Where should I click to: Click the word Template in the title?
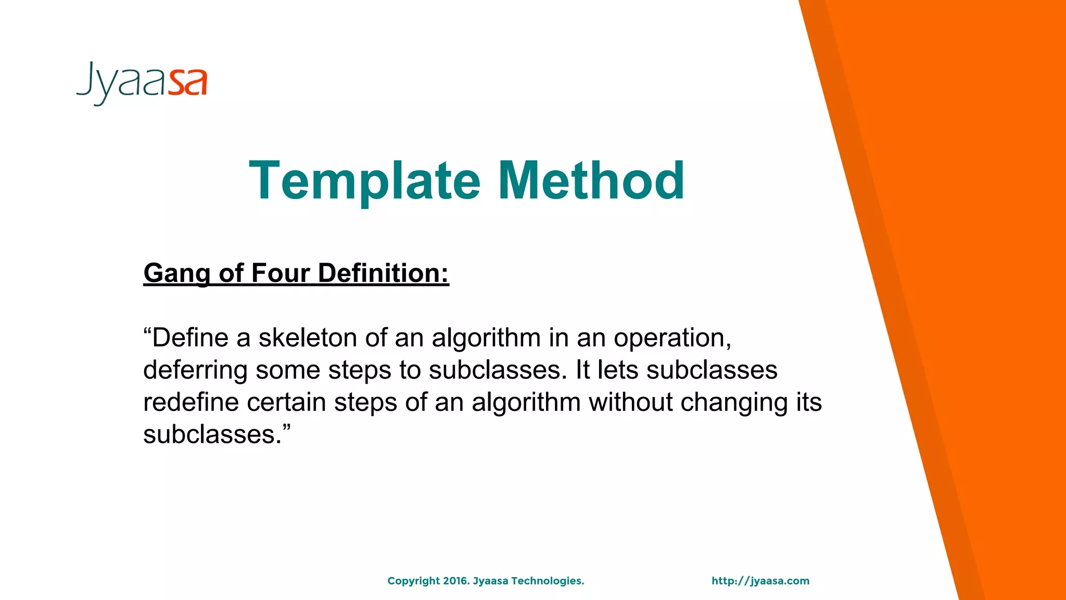point(364,181)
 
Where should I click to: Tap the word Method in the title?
point(591,181)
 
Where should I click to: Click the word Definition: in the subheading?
point(383,273)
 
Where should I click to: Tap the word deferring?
point(195,370)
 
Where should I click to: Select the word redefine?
point(191,403)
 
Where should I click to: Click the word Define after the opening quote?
point(190,338)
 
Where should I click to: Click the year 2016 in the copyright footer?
point(456,581)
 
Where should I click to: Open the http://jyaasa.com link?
point(760,581)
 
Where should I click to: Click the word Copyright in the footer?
point(414,581)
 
